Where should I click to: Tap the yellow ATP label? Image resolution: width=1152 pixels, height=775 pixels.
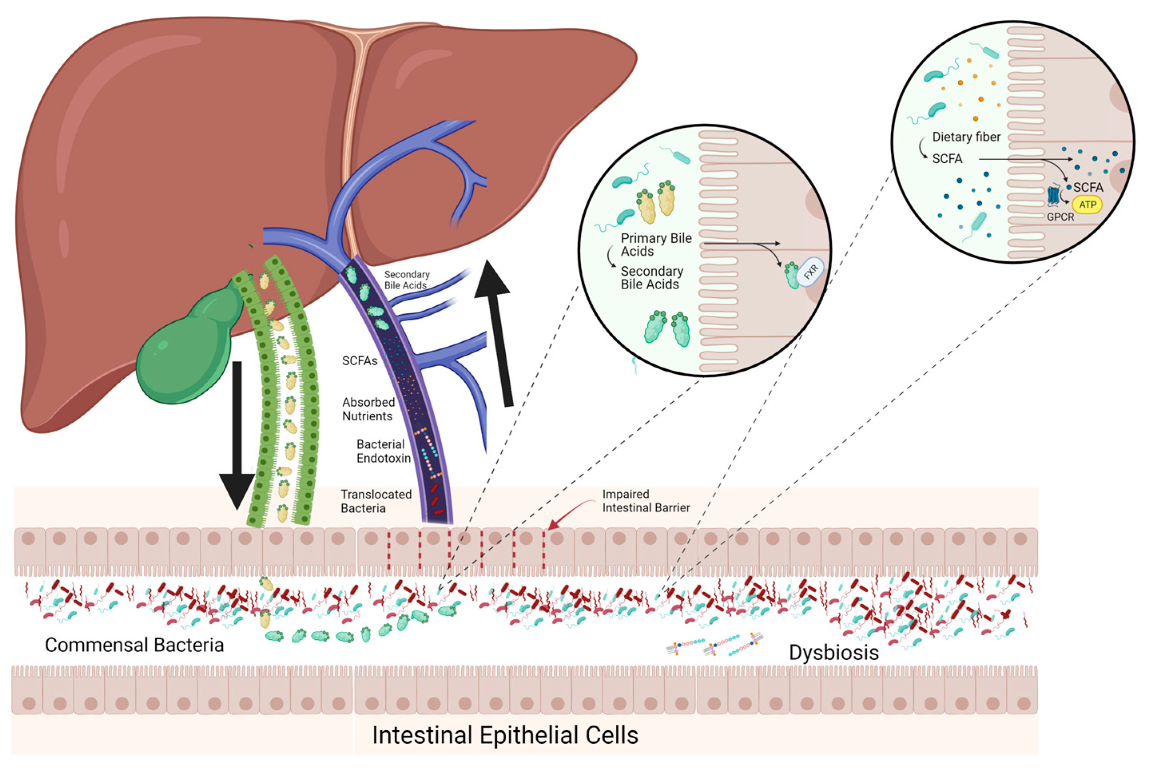(1087, 205)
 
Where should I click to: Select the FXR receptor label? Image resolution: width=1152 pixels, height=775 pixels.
(810, 272)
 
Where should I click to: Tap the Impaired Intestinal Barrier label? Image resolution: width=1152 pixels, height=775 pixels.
(646, 501)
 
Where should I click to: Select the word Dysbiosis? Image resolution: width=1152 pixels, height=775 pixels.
(834, 652)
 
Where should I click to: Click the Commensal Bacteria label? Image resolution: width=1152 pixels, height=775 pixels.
(134, 645)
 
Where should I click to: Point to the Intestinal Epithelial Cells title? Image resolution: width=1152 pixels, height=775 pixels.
(504, 735)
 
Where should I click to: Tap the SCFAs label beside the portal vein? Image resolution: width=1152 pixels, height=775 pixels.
(360, 361)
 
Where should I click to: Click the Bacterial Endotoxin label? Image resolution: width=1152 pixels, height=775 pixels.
(383, 451)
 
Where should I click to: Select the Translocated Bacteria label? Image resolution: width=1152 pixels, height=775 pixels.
(376, 501)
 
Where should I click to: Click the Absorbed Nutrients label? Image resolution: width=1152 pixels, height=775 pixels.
(368, 409)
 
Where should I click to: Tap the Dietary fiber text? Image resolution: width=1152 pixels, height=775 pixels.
(966, 137)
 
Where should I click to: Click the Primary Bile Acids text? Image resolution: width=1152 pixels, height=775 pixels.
(655, 245)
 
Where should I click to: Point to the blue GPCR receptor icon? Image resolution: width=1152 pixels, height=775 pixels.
(1053, 195)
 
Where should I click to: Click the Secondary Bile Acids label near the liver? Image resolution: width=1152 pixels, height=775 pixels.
(407, 280)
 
